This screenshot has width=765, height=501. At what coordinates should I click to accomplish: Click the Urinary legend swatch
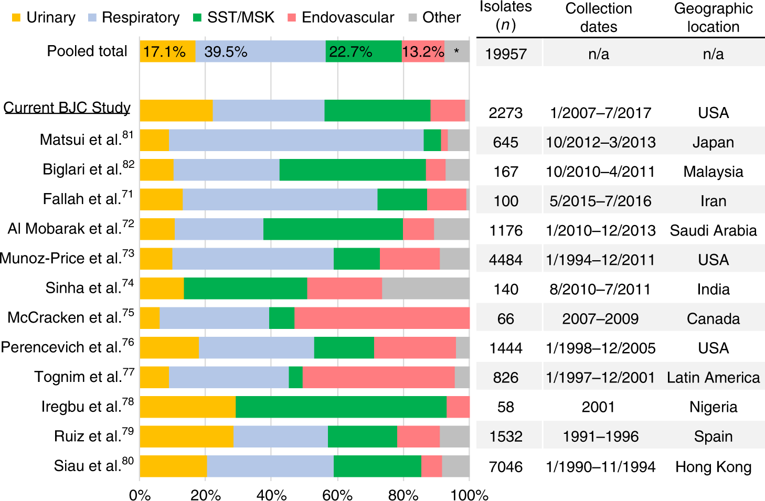(16, 17)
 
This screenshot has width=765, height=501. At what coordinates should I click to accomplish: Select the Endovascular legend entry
(341, 17)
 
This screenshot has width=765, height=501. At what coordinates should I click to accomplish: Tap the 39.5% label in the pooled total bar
(226, 52)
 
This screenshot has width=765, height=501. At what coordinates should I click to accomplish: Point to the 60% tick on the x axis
(337, 495)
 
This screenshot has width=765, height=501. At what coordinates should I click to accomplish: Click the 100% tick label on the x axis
(470, 495)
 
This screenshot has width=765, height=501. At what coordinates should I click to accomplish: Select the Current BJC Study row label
(67, 108)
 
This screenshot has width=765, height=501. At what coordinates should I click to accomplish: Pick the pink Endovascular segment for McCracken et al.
(381, 318)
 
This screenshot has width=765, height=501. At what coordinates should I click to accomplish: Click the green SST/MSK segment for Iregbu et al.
(341, 407)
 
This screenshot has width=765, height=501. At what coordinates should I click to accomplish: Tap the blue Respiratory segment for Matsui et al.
(296, 141)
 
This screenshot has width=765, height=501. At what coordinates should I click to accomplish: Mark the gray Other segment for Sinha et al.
(426, 289)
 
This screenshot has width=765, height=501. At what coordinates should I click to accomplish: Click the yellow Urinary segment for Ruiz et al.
(186, 436)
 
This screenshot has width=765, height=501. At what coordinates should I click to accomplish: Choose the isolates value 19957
(506, 54)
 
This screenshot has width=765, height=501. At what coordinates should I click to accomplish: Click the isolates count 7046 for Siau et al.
(506, 466)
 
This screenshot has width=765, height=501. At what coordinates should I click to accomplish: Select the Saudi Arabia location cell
(713, 230)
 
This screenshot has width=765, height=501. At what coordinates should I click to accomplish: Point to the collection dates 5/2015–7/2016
(600, 201)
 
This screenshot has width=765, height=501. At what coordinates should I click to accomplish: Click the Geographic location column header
(713, 17)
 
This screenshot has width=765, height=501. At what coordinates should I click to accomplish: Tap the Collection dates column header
(599, 17)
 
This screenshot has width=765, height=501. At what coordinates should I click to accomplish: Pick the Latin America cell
(713, 377)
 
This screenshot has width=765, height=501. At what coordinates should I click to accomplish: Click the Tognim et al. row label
(84, 377)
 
